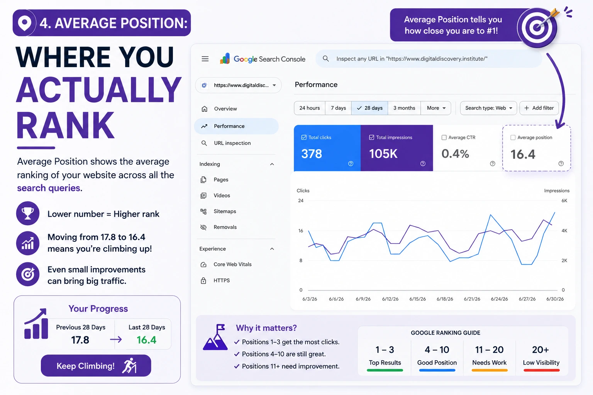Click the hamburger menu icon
tap(205, 59)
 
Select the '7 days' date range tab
tap(338, 108)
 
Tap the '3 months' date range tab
tap(404, 108)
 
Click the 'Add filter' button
tap(539, 108)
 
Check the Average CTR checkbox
tap(444, 138)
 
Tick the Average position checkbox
tap(513, 138)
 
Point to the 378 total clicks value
tap(312, 154)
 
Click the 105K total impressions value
tap(383, 154)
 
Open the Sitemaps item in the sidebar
tap(225, 211)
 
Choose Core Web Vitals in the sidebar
tap(232, 264)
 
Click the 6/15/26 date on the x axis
tap(417, 299)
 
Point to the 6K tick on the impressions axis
tap(564, 201)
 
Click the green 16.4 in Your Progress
tap(146, 340)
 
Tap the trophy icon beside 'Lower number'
tap(28, 213)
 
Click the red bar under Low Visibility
tap(541, 370)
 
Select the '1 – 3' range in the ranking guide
tap(385, 350)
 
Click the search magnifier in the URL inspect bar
tap(325, 59)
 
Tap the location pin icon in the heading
tap(24, 23)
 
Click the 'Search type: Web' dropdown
tap(488, 108)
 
